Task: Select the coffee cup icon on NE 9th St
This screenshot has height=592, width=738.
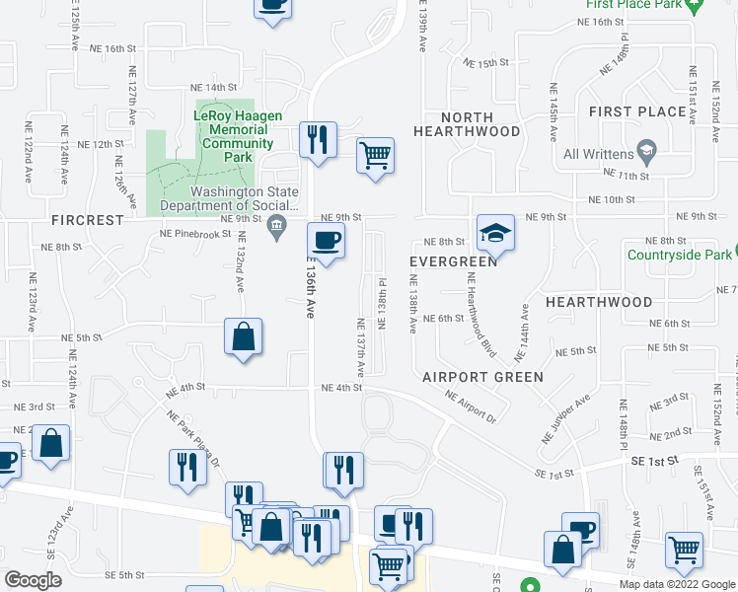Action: click(326, 239)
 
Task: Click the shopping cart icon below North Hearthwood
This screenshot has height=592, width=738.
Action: click(375, 155)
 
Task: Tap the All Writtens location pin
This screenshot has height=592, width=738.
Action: click(647, 152)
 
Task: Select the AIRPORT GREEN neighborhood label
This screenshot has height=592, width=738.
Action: click(482, 377)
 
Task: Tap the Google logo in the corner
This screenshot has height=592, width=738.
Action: click(33, 579)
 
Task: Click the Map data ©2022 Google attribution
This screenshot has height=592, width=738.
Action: click(677, 583)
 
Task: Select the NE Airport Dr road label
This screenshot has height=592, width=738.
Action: click(471, 406)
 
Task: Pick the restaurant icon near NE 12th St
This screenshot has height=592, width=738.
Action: click(318, 139)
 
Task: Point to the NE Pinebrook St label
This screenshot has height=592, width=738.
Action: click(194, 235)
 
